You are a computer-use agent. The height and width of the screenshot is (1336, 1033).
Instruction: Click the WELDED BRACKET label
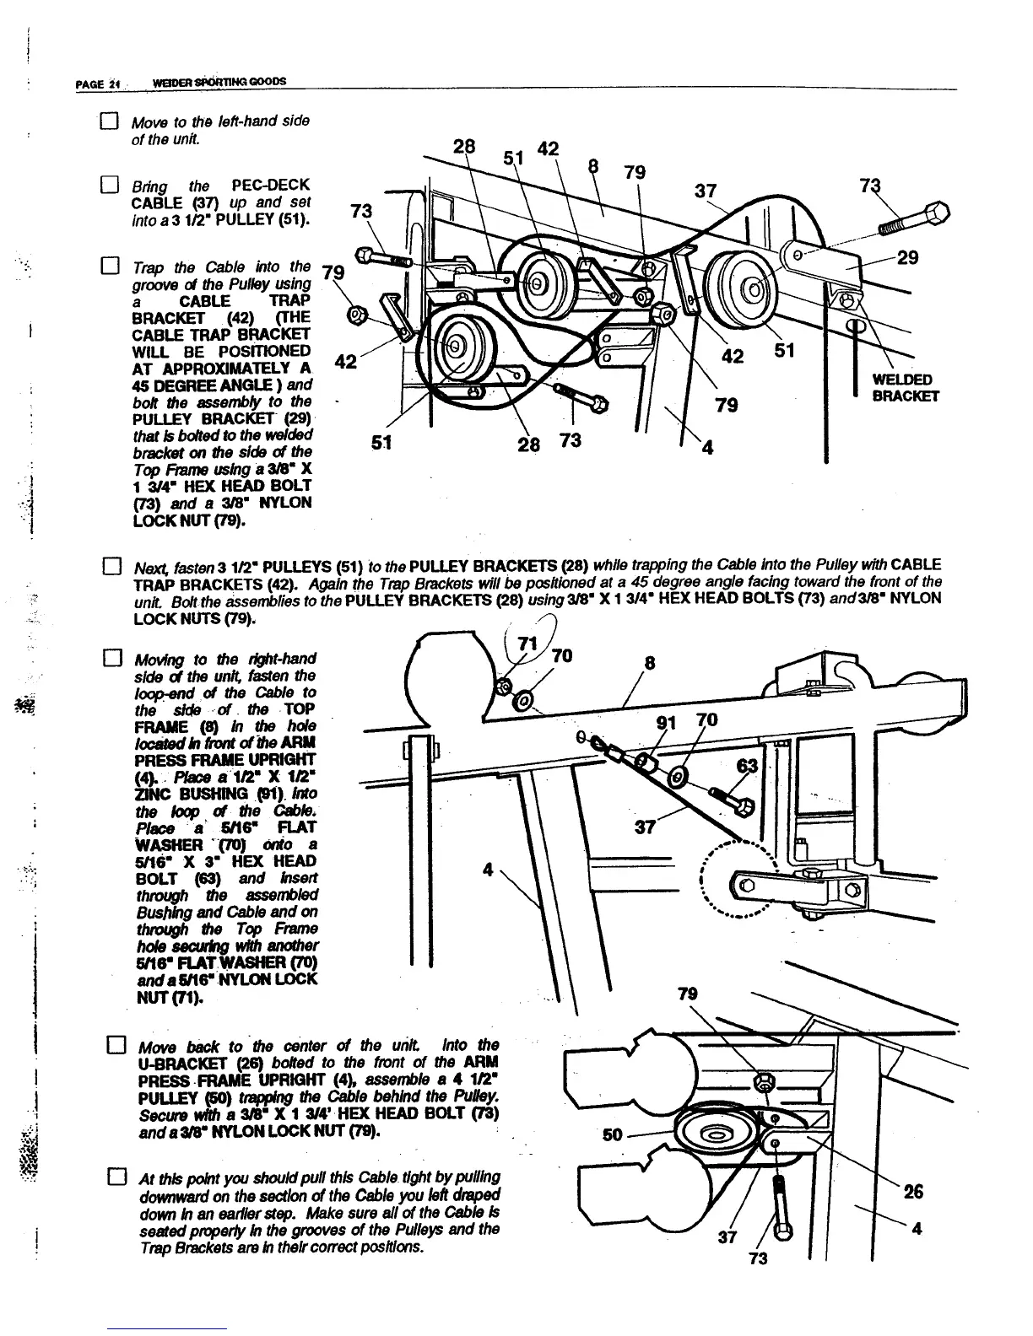[x=905, y=387]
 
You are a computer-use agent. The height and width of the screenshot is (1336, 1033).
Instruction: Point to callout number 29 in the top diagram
[x=907, y=257]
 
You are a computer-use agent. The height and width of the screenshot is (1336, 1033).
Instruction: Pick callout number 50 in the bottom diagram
[x=614, y=1134]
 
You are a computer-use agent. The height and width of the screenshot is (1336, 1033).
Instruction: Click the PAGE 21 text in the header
[x=100, y=83]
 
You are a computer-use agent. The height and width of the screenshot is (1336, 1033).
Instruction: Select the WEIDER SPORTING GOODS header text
[x=217, y=82]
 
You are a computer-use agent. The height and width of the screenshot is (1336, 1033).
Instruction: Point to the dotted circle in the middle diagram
[x=739, y=879]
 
